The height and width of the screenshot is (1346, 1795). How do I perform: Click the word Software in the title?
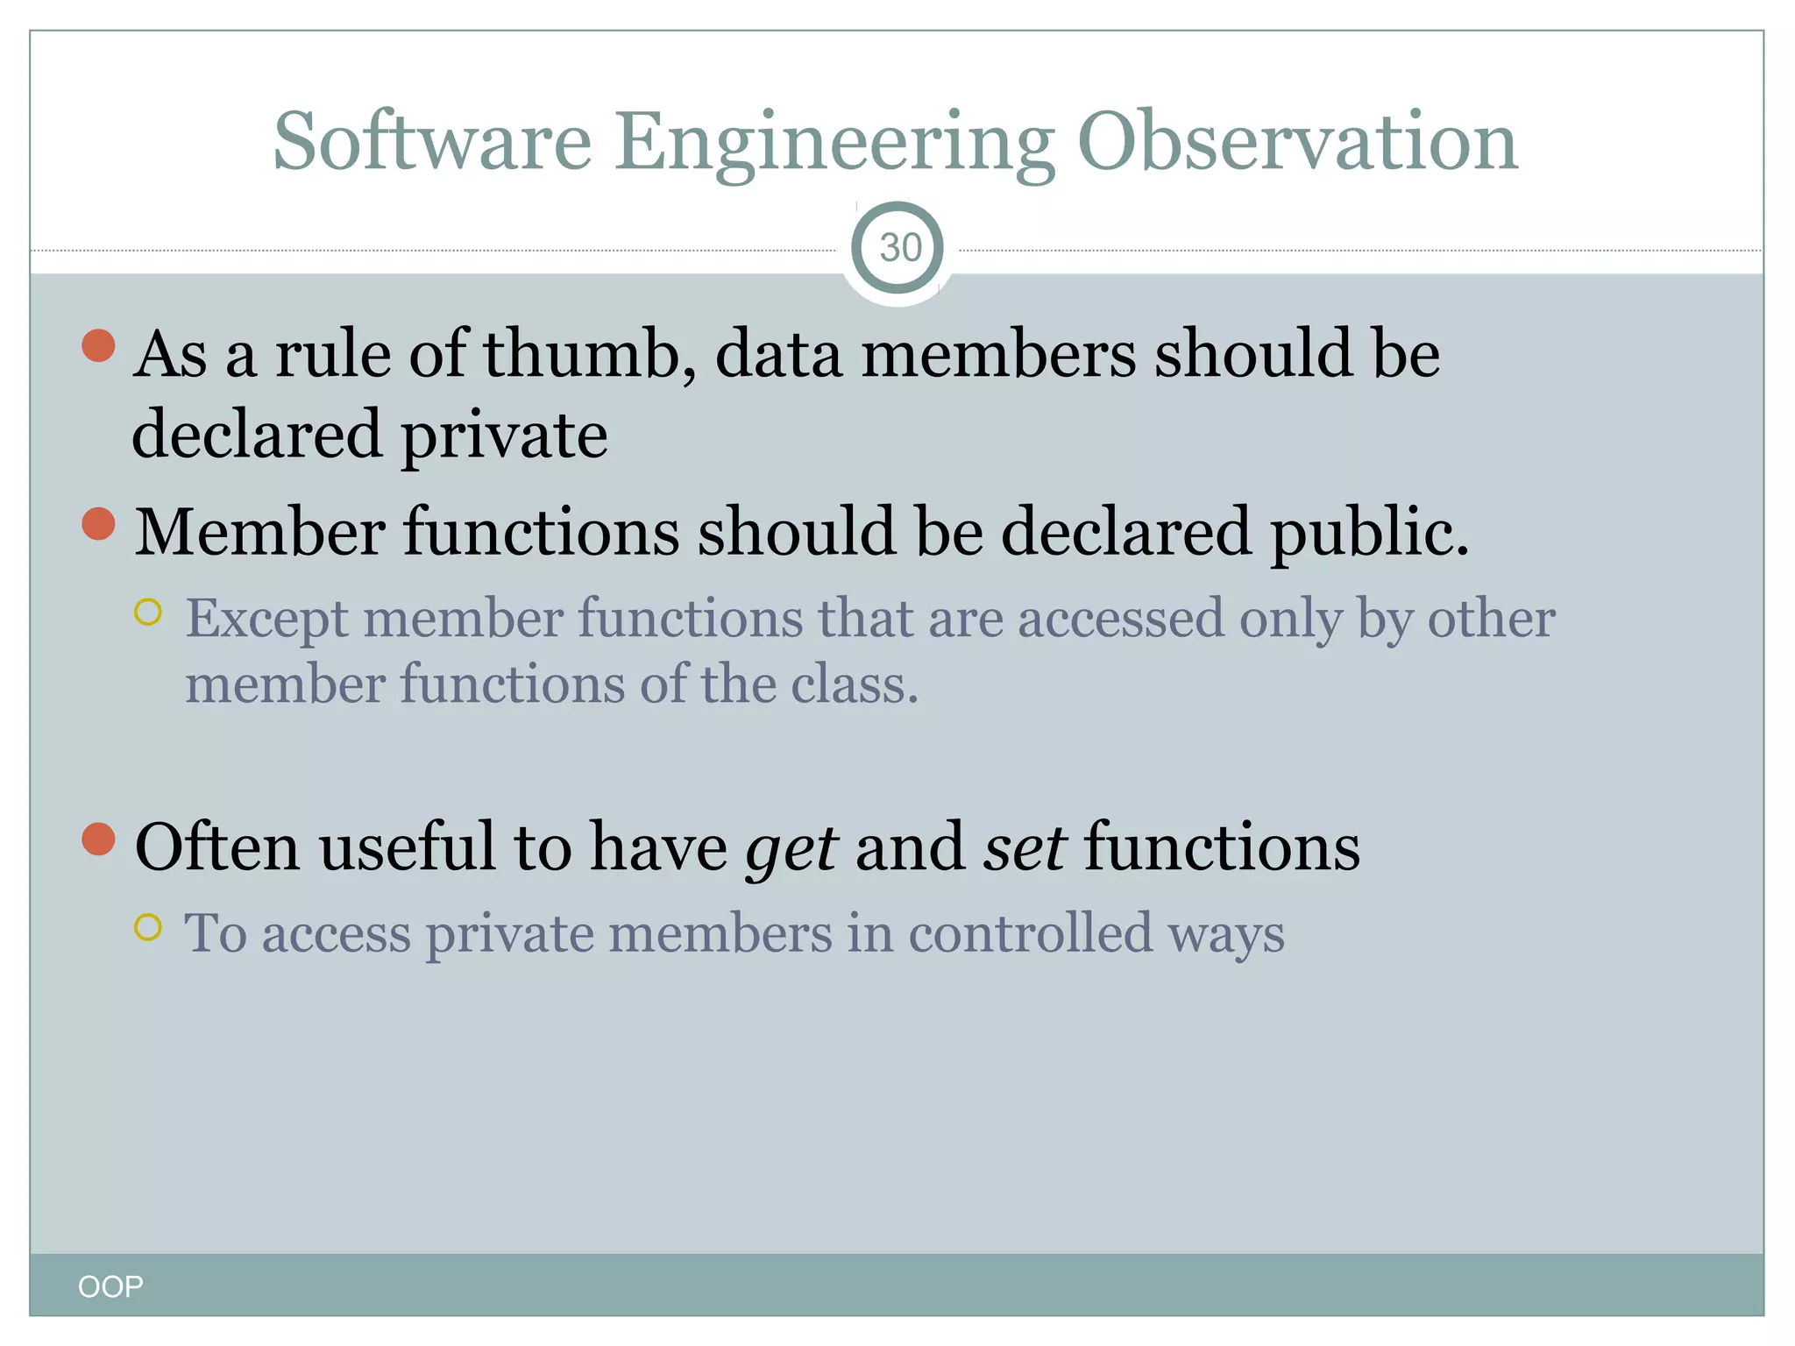432,142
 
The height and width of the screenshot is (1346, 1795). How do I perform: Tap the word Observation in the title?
1297,142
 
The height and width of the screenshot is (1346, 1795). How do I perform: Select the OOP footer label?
110,1286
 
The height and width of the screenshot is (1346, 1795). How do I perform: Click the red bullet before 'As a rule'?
98,345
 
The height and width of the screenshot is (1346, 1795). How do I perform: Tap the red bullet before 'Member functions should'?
98,524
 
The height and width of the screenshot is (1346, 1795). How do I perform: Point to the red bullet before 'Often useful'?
98,839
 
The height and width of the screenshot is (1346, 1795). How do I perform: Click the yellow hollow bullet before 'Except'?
148,612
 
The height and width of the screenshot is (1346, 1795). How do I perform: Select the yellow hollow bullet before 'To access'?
148,926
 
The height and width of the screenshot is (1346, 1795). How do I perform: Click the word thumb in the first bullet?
582,354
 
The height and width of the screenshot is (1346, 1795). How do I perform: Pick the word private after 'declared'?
504,436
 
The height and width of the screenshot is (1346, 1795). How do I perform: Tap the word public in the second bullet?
1368,533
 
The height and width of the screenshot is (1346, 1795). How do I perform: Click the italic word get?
791,848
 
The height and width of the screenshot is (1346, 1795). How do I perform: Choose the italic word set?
1024,848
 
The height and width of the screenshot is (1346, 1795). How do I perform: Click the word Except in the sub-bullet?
266,619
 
